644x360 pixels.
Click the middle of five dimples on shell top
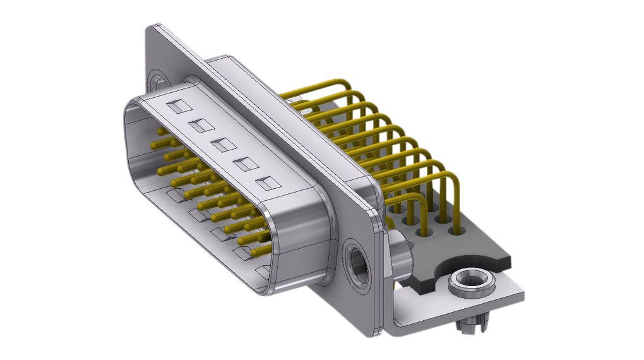(223, 145)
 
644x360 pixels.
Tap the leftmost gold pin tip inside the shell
(153, 145)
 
